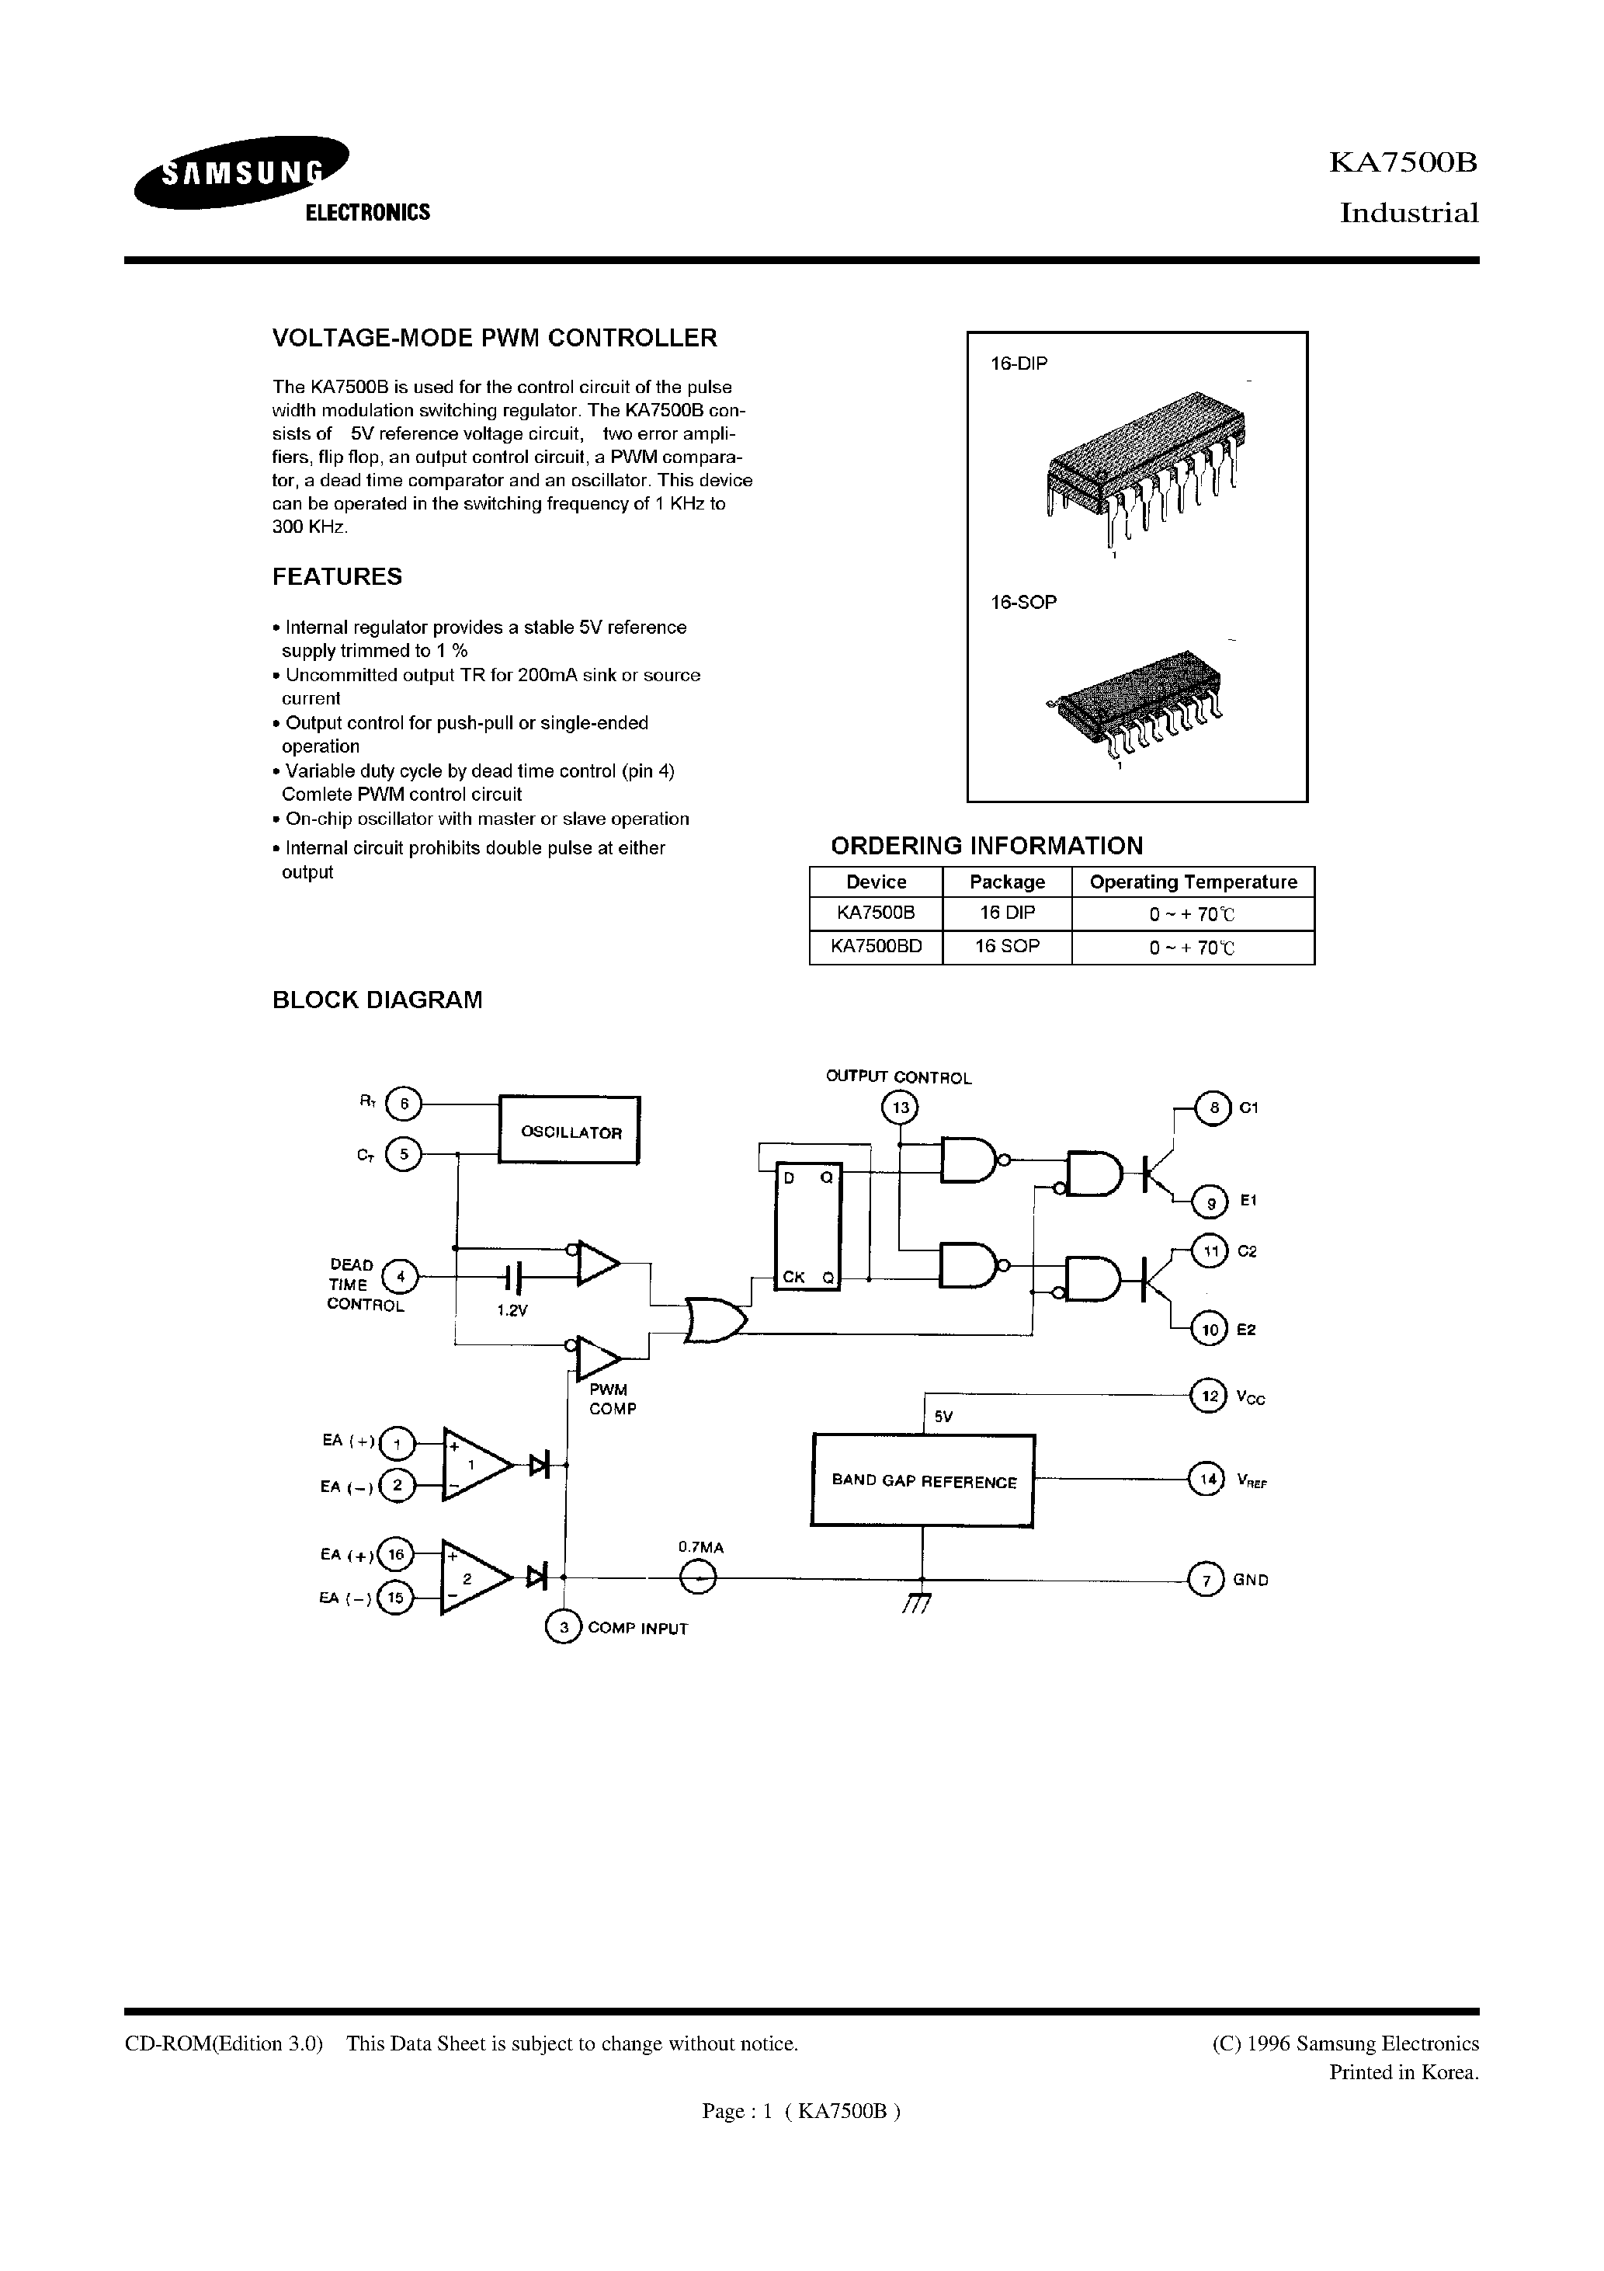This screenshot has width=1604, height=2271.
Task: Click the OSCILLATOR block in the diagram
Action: click(x=570, y=1131)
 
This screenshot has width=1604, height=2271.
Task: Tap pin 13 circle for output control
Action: click(x=899, y=1108)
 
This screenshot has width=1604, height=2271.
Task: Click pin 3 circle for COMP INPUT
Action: click(x=564, y=1627)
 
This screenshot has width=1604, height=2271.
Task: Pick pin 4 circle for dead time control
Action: click(x=401, y=1277)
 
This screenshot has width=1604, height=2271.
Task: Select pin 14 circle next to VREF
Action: click(x=1206, y=1480)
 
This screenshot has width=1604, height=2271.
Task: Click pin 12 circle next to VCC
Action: click(x=1206, y=1396)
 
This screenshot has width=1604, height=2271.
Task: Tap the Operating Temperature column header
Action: click(x=1193, y=882)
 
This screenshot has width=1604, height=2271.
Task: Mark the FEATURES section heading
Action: click(x=337, y=576)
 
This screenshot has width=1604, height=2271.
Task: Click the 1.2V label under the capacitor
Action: click(x=512, y=1309)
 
